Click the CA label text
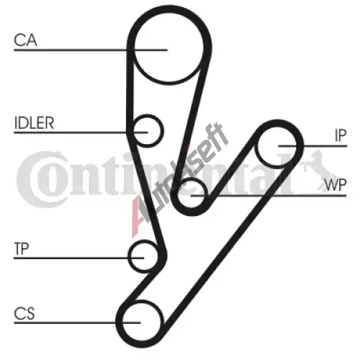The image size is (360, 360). click(x=25, y=40)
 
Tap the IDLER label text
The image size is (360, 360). click(x=34, y=123)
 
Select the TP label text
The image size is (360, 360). click(x=22, y=248)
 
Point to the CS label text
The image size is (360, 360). click(x=24, y=313)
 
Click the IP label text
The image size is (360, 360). click(x=341, y=135)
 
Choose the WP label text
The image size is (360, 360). click(x=335, y=185)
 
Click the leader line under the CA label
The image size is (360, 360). click(x=91, y=50)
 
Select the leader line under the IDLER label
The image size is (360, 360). click(x=81, y=132)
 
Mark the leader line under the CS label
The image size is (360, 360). click(x=77, y=323)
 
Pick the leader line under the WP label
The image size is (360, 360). click(x=269, y=196)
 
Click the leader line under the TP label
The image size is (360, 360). click(x=79, y=258)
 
